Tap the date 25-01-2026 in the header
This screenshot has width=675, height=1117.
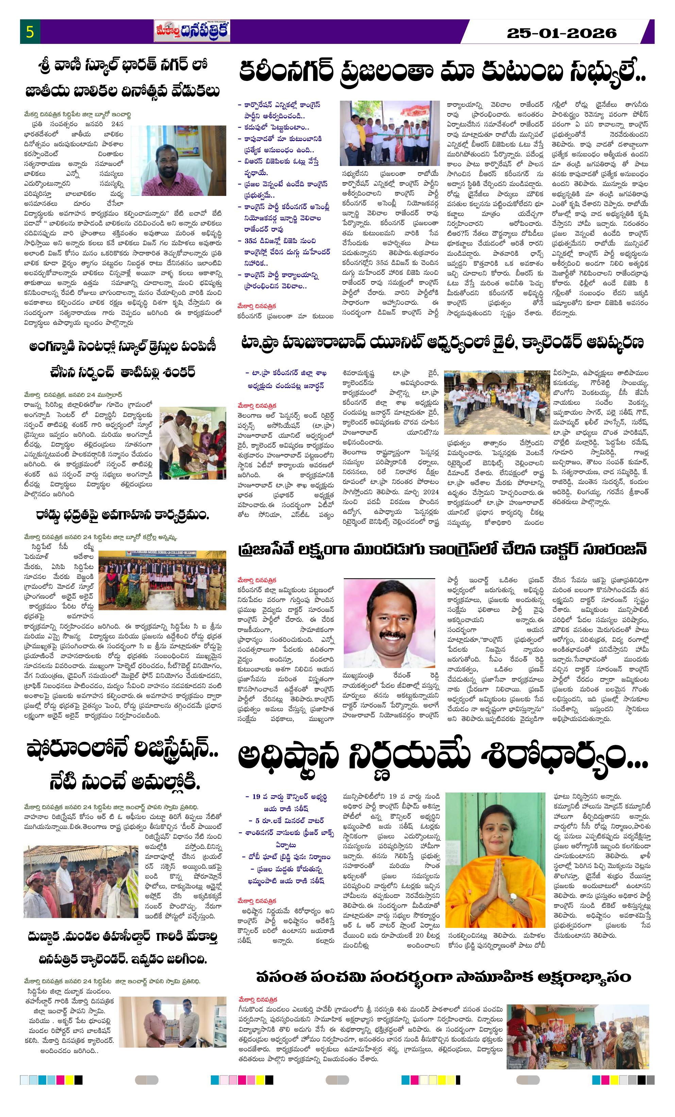click(x=562, y=33)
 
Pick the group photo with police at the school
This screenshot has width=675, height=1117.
click(x=162, y=580)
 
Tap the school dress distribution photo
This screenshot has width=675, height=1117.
click(x=192, y=437)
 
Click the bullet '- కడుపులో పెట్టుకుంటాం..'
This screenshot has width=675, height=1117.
click(x=276, y=128)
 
